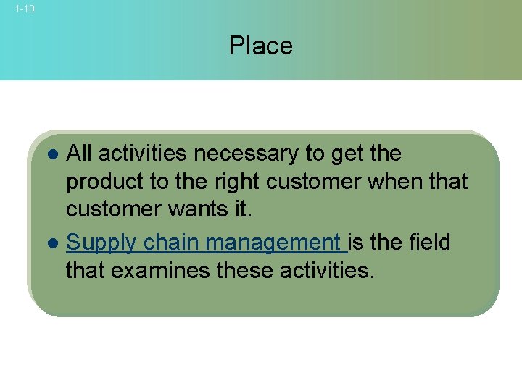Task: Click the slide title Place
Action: (x=260, y=46)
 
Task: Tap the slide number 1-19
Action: (x=24, y=9)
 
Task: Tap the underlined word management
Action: (x=273, y=243)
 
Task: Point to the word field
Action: (x=426, y=241)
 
